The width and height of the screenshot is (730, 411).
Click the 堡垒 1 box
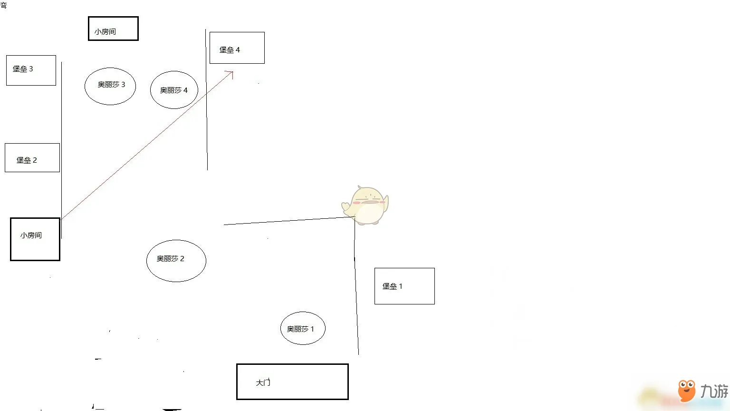pyautogui.click(x=404, y=286)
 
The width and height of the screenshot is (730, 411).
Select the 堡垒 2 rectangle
pyautogui.click(x=32, y=157)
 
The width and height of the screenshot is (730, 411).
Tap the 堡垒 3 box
pyautogui.click(x=31, y=70)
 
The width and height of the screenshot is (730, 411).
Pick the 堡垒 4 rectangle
pyautogui.click(x=237, y=48)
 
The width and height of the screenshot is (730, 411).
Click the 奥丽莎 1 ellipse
pyautogui.click(x=303, y=328)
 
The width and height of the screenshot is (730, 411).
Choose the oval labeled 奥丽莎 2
pyautogui.click(x=176, y=261)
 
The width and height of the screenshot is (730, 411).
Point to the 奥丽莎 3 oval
pyautogui.click(x=110, y=86)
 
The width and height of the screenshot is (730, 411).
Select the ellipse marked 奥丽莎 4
pyautogui.click(x=174, y=90)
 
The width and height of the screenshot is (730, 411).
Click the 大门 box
pyautogui.click(x=292, y=382)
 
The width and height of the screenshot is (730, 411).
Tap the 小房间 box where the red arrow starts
pyautogui.click(x=35, y=239)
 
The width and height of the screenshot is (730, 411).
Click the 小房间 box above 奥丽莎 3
pyautogui.click(x=113, y=29)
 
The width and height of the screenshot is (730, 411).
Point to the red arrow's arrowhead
pyautogui.click(x=231, y=73)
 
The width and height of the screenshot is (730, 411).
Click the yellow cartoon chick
pyautogui.click(x=366, y=205)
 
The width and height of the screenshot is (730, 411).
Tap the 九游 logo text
pyautogui.click(x=714, y=391)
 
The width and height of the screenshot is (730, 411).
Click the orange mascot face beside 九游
pyautogui.click(x=686, y=390)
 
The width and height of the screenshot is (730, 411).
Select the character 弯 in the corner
pyautogui.click(x=3, y=5)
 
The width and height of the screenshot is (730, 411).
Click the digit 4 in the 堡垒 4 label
pyautogui.click(x=238, y=49)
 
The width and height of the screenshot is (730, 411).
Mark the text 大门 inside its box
pyautogui.click(x=263, y=382)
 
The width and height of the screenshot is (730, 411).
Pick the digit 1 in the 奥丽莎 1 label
pyautogui.click(x=312, y=329)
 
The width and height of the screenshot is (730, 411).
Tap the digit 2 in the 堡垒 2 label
pyautogui.click(x=35, y=160)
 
